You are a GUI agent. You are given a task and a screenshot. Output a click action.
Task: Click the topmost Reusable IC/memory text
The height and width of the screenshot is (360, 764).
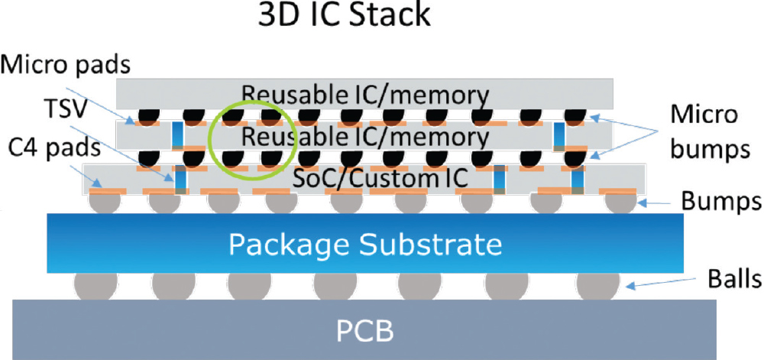click(365, 94)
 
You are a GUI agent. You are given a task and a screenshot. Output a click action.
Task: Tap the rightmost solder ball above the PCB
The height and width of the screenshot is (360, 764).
click(597, 286)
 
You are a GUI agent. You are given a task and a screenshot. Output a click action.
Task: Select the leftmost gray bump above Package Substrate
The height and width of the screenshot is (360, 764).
click(105, 203)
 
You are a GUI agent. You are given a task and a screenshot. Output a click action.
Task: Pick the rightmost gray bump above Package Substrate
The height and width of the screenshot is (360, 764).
click(620, 203)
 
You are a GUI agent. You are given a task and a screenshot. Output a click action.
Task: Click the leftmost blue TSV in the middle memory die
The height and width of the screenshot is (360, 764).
click(178, 135)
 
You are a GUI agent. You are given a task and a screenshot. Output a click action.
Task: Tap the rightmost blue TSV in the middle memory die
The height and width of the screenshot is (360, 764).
click(559, 135)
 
